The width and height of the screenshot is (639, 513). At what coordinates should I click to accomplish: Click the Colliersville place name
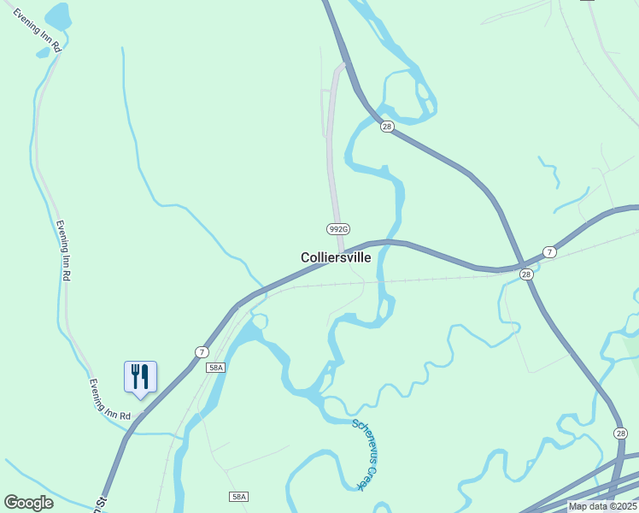coord(336,257)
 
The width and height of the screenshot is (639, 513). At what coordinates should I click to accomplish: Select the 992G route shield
coord(338,228)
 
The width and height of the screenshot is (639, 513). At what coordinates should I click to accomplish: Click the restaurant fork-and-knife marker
coord(140,376)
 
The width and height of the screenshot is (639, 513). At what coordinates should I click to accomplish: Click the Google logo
coord(28,503)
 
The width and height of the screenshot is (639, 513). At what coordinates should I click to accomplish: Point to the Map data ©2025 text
coord(602,506)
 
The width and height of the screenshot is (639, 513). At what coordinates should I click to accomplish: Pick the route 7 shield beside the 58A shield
coord(202,351)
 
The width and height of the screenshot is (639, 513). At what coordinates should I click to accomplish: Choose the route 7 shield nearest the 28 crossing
coord(549,252)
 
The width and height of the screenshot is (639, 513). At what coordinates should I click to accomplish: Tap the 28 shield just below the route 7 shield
coord(526,274)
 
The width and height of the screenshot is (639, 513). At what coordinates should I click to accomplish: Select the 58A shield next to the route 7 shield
coord(215,368)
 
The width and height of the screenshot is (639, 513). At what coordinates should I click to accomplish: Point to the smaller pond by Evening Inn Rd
coord(43,52)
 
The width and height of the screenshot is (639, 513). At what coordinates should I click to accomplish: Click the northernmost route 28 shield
coord(387,127)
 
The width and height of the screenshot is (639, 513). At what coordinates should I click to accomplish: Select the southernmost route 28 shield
coord(620,433)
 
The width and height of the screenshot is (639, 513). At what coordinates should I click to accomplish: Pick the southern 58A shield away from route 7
coord(238,497)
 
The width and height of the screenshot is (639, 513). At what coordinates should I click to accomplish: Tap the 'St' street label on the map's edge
coord(101,503)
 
